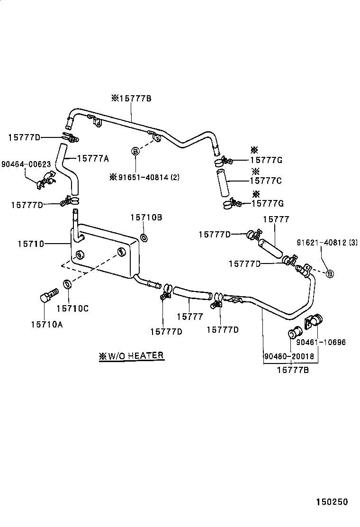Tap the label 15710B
pyautogui.click(x=146, y=217)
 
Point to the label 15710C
pyautogui.click(x=72, y=309)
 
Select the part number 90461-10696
pyautogui.click(x=321, y=342)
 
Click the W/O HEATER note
pyautogui.click(x=132, y=355)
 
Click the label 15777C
pyautogui.click(x=266, y=181)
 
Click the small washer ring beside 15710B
pyautogui.click(x=144, y=237)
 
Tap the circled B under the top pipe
pyautogui.click(x=135, y=152)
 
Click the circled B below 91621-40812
pyautogui.click(x=330, y=273)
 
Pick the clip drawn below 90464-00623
pyautogui.click(x=46, y=181)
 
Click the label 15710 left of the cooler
pyautogui.click(x=31, y=244)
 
